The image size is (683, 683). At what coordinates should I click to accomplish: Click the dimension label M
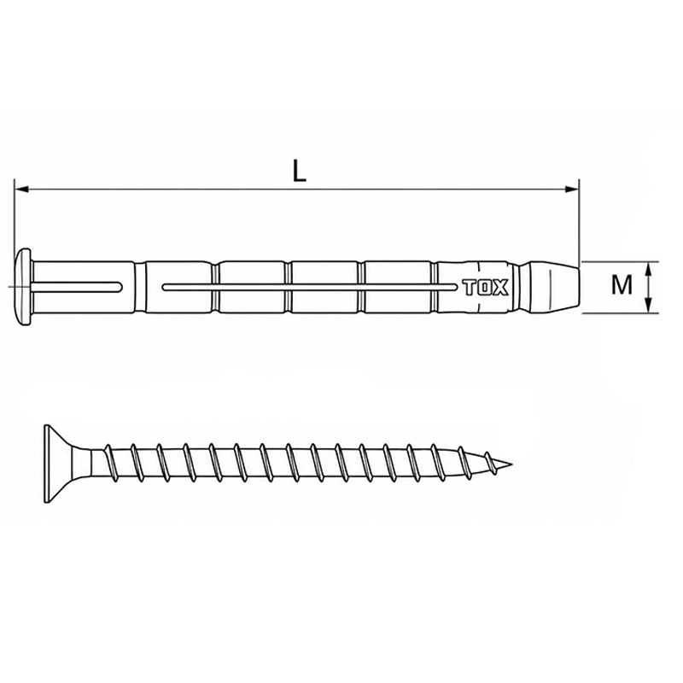622,285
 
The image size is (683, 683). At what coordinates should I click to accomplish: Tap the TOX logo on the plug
485,288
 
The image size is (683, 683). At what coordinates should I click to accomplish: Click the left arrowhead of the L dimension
22,189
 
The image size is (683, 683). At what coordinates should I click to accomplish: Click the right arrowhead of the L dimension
572,189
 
